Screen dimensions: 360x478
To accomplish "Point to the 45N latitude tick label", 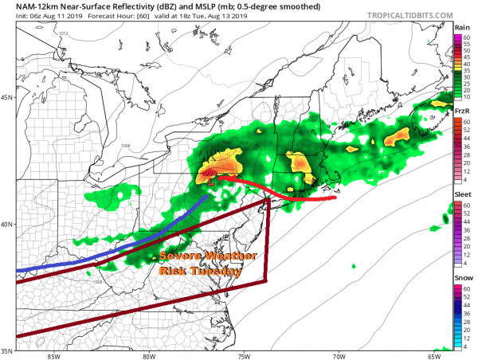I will click(7, 98).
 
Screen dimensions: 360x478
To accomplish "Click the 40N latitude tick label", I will click(7, 224).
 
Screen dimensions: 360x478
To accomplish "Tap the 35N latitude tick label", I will click(7, 350).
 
